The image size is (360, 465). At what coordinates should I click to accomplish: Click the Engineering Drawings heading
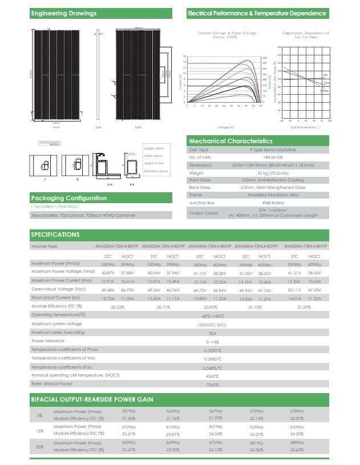click(x=64, y=13)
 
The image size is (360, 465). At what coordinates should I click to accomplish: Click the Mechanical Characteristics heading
click(x=230, y=141)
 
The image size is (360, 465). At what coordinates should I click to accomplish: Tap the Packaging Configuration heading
click(x=69, y=198)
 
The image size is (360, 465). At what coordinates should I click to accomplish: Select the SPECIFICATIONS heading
click(x=55, y=234)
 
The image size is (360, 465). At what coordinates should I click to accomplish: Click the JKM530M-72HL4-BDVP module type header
click(x=116, y=246)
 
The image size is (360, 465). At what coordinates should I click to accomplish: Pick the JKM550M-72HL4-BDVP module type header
click(x=305, y=246)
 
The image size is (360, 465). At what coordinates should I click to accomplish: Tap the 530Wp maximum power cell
click(x=107, y=265)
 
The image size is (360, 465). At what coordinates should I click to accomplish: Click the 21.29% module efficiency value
click(x=305, y=307)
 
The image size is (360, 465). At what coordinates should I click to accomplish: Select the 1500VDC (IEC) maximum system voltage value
click(x=212, y=324)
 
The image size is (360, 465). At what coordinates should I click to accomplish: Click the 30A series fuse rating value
click(x=212, y=333)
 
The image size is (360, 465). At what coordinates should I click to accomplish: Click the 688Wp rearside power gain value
click(x=297, y=443)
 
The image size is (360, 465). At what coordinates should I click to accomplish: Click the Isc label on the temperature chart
click(x=325, y=75)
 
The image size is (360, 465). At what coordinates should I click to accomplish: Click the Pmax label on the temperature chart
click(x=325, y=90)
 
